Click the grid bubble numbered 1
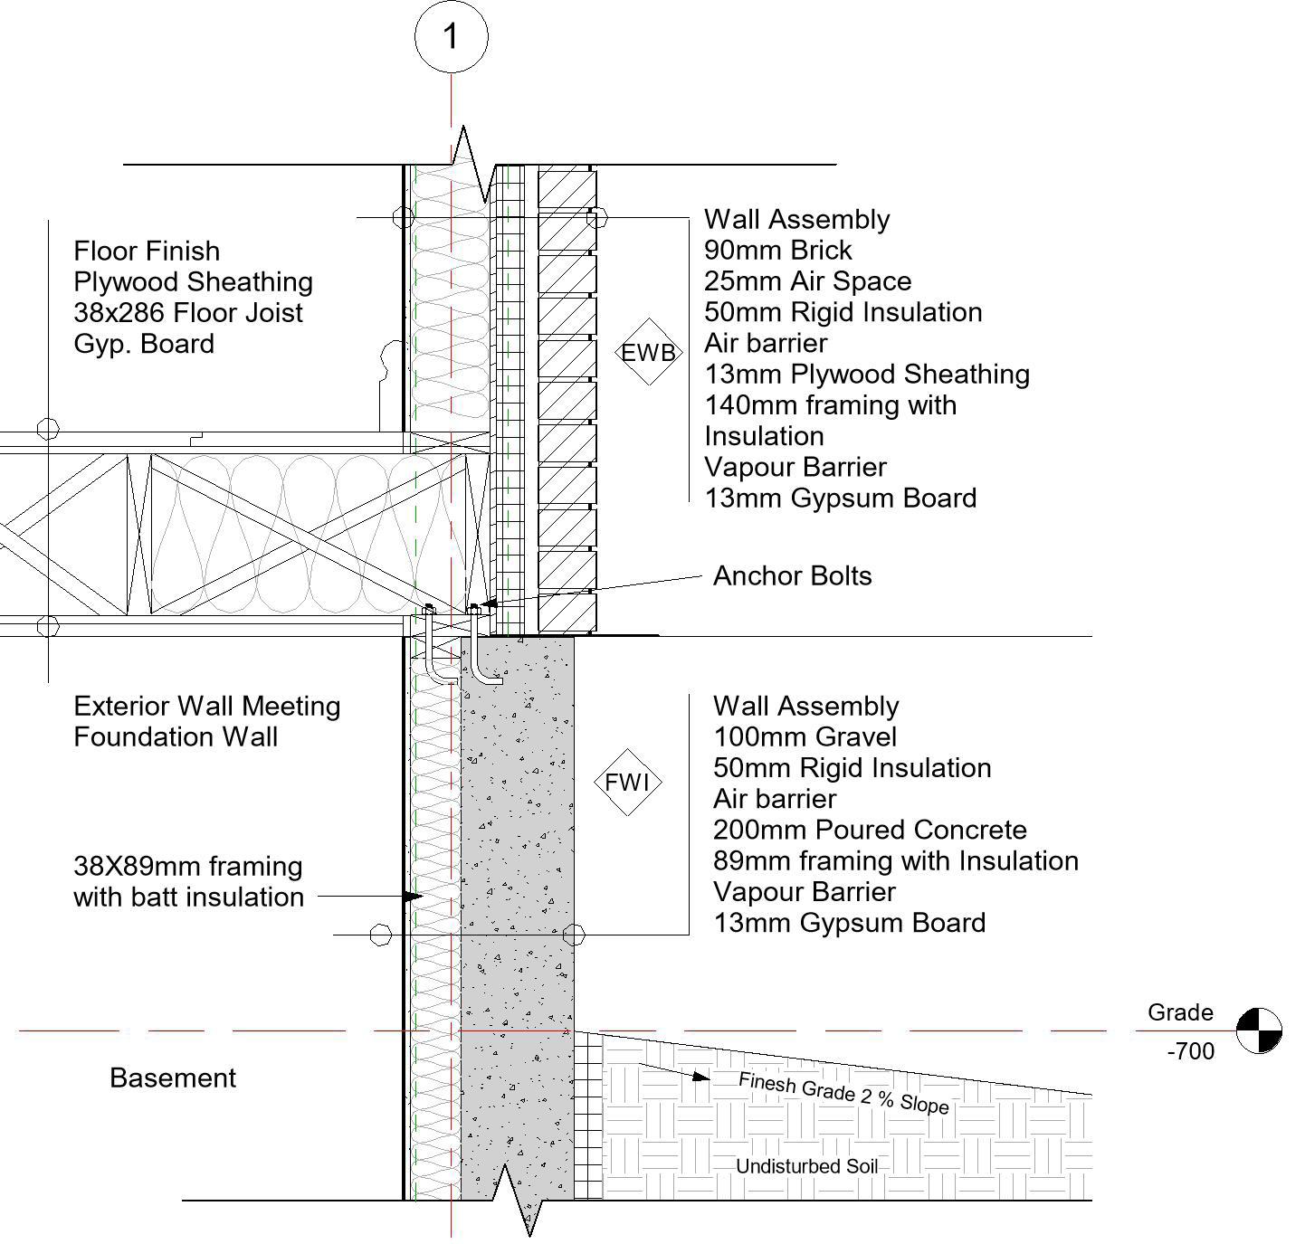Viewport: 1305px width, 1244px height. [451, 37]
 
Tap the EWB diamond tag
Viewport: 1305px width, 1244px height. [648, 352]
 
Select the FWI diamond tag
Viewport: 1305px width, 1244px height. [627, 782]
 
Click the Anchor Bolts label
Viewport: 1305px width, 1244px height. [792, 576]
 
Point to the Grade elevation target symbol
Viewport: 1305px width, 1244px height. [1259, 1030]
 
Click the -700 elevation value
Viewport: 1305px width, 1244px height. [1191, 1051]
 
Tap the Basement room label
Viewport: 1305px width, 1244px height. [172, 1078]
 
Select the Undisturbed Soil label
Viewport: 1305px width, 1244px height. [806, 1167]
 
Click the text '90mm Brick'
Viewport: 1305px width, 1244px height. [778, 251]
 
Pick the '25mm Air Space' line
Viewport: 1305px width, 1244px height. [807, 281]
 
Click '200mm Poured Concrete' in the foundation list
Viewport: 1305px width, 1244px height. [870, 831]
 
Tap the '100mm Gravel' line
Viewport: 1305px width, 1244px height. [805, 737]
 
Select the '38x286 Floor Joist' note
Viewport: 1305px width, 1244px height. [188, 313]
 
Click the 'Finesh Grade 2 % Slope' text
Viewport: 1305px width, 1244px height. [843, 1093]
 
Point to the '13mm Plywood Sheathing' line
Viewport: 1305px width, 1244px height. [867, 375]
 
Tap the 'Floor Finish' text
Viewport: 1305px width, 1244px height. [147, 252]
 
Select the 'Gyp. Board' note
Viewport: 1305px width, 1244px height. [144, 345]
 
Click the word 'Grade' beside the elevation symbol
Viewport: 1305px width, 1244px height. [1180, 1012]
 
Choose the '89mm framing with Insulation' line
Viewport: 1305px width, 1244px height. [895, 861]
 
